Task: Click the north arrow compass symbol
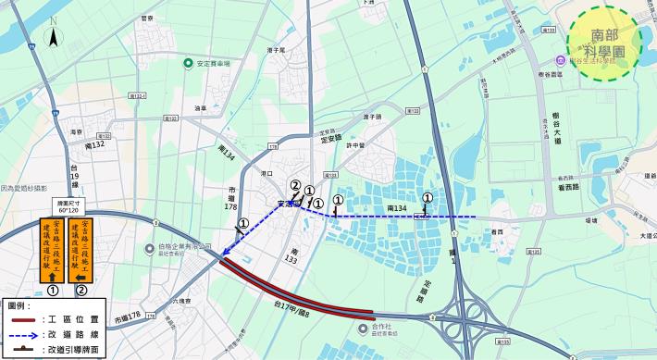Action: (54, 37)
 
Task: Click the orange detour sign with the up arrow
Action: (53, 250)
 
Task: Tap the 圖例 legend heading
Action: (19, 304)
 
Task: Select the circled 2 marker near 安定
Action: (295, 185)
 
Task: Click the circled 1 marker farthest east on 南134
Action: (427, 197)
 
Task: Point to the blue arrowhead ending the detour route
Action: (225, 253)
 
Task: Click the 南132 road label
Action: (95, 145)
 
